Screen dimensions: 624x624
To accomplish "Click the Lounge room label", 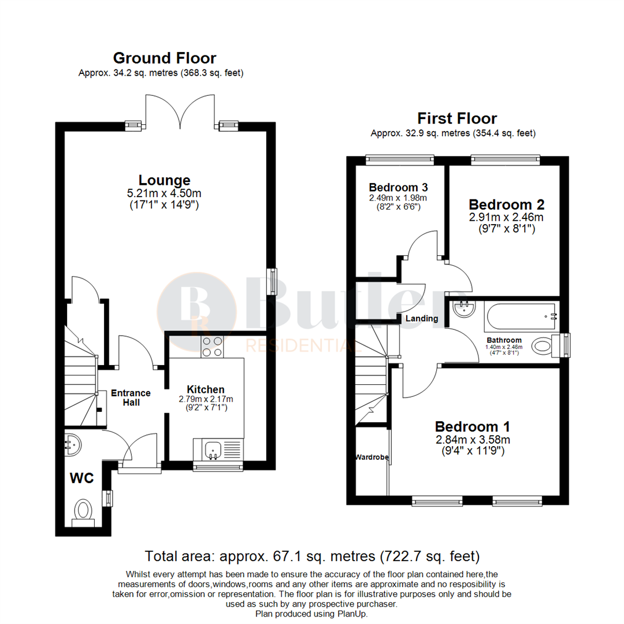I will [x=164, y=180].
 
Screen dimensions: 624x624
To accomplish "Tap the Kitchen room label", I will [x=205, y=389].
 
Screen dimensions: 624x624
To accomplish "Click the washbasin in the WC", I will [x=72, y=444].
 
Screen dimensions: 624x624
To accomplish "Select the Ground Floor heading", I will [x=165, y=58].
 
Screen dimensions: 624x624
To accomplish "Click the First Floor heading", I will [x=457, y=119].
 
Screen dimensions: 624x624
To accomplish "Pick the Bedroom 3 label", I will [x=399, y=188].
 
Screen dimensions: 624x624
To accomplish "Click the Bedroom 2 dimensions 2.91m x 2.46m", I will [x=507, y=218].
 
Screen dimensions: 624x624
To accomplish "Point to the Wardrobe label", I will [x=372, y=457].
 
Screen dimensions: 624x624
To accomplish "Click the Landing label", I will [x=422, y=318].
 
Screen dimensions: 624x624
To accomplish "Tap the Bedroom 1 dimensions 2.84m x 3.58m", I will [x=473, y=440].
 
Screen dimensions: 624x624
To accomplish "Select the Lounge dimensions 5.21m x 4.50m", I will [x=165, y=193].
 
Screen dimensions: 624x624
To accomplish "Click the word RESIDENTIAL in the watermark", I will [x=301, y=346].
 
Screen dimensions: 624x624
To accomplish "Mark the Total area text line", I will [x=312, y=556].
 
